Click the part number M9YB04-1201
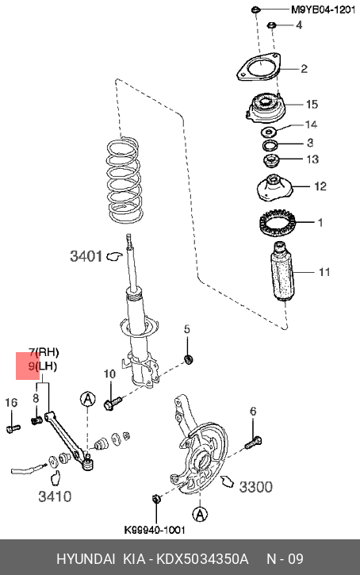[323, 10]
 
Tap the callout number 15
[312, 105]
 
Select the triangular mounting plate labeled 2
[259, 67]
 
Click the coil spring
[124, 179]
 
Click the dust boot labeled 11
[282, 272]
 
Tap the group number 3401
[86, 256]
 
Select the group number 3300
[256, 487]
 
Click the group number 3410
[55, 496]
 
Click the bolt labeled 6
[253, 443]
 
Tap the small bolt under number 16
[13, 428]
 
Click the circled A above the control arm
[87, 399]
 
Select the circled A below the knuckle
[200, 514]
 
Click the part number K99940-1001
[155, 530]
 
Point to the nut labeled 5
[189, 360]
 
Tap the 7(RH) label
[44, 352]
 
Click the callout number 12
[320, 186]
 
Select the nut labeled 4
[272, 25]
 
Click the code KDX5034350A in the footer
[202, 559]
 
